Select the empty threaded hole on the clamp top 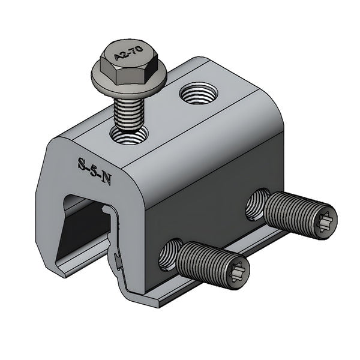195,94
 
